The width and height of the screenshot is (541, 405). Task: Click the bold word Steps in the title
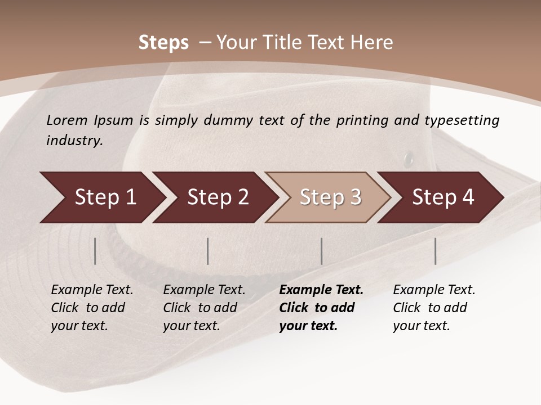163,43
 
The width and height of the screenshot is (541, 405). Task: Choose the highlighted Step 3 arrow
330,197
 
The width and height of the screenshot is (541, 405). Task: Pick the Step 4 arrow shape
443,197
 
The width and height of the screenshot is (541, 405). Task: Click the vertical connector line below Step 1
95,251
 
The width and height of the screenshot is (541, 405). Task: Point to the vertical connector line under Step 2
208,251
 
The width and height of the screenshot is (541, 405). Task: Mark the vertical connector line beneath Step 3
322,251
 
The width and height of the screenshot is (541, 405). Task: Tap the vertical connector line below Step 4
436,251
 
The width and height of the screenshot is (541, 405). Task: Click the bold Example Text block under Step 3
321,308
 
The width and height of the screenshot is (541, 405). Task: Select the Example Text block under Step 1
92,308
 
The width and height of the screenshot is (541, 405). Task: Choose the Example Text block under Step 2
204,308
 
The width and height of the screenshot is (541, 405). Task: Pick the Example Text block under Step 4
434,308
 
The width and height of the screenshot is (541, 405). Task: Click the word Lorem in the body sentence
67,120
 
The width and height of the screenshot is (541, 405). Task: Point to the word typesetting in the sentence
463,120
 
